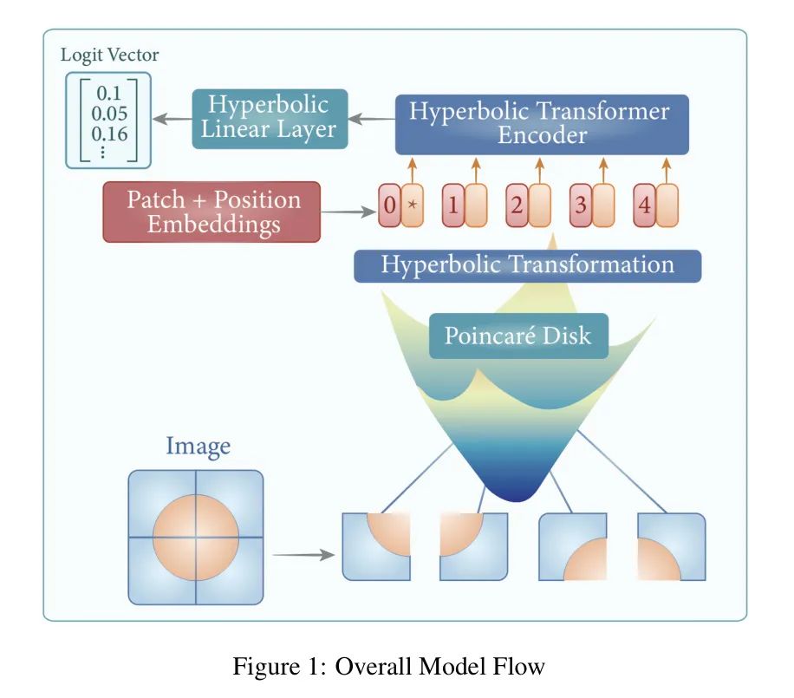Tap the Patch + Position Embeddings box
212,212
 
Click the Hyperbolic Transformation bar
527,264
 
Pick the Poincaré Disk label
517,336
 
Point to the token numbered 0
390,206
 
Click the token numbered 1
453,206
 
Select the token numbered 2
517,206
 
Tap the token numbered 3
582,206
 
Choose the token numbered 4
645,206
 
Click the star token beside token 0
413,206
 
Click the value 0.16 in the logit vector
109,134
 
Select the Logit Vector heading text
109,55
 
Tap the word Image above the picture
198,447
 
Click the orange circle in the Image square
196,538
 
